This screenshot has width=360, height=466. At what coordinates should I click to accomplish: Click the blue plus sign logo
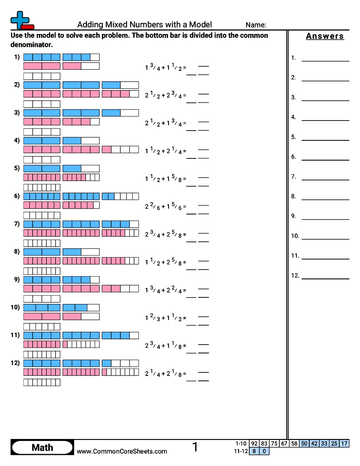pos(20,20)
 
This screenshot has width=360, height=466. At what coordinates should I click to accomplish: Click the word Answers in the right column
pos(325,36)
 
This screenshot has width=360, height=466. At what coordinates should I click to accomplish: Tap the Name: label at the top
pos(256,25)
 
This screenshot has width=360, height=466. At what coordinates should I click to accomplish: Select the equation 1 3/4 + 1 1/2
pos(165,68)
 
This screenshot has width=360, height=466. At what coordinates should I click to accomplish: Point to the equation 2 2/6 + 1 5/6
pos(165,207)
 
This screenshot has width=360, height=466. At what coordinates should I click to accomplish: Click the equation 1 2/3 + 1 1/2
pos(165,318)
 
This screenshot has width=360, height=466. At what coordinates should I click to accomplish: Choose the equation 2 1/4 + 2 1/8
pos(165,374)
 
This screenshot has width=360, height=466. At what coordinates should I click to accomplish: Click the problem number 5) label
pos(17,168)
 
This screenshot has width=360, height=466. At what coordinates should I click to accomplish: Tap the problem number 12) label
pos(15,363)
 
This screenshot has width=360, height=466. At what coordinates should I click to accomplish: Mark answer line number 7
pos(325,180)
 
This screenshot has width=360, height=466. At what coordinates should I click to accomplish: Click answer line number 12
pos(325,279)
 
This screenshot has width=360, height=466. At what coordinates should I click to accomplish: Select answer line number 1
pos(325,61)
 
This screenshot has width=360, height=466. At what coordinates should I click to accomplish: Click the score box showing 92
pos(254,443)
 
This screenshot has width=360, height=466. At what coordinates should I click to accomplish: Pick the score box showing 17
pos(344,443)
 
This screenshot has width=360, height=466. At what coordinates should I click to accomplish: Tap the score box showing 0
pos(264,451)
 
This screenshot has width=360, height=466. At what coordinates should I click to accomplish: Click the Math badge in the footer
pos(42,447)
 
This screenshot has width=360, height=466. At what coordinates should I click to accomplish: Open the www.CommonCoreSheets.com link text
pos(122,451)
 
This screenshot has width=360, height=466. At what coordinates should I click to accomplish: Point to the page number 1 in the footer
pos(195,447)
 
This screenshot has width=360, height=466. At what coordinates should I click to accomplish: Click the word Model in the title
pos(200,24)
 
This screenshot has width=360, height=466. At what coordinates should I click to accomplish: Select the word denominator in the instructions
pos(31,45)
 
